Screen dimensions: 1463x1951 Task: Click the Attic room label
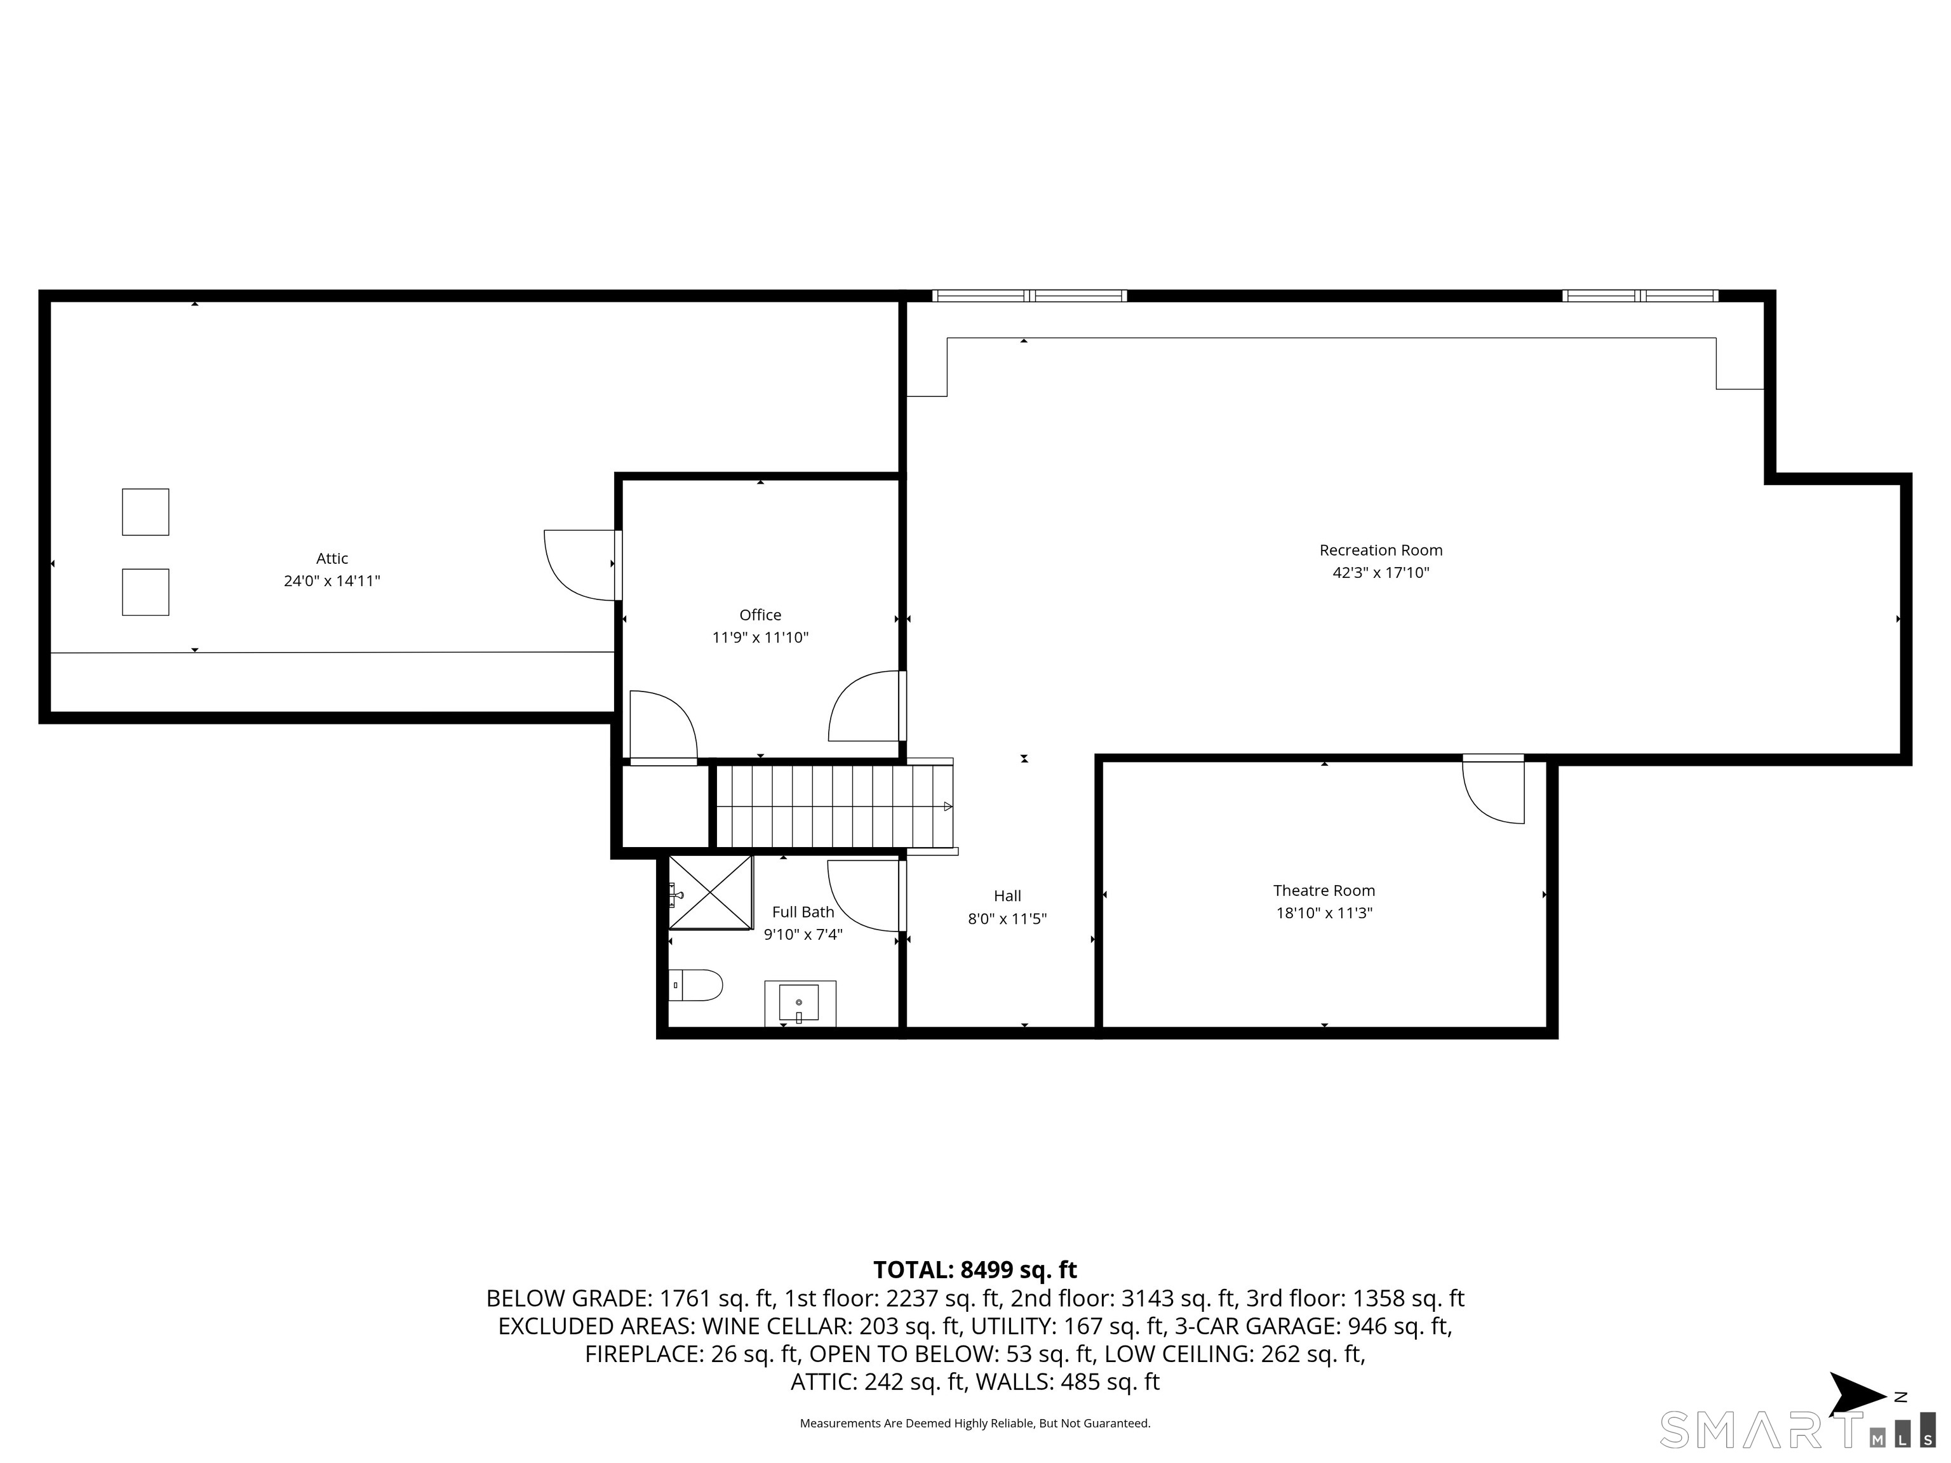pyautogui.click(x=332, y=558)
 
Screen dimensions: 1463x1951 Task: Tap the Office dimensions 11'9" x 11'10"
pyautogui.click(x=760, y=638)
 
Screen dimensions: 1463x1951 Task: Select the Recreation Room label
pyautogui.click(x=1380, y=551)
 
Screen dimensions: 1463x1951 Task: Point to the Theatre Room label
pyautogui.click(x=1324, y=891)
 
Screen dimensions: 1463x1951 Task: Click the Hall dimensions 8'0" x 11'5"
pyautogui.click(x=1007, y=919)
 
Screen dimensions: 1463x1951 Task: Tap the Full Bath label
pyautogui.click(x=803, y=912)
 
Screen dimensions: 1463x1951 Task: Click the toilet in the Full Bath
pyautogui.click(x=697, y=985)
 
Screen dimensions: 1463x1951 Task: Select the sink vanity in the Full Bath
pyautogui.click(x=799, y=1003)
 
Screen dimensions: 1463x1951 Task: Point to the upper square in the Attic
pyautogui.click(x=145, y=511)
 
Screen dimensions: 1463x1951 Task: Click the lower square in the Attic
pyautogui.click(x=145, y=592)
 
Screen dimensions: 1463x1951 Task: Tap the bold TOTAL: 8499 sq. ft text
pyautogui.click(x=975, y=1270)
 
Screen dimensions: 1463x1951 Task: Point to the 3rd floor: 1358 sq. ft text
pyautogui.click(x=1355, y=1298)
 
